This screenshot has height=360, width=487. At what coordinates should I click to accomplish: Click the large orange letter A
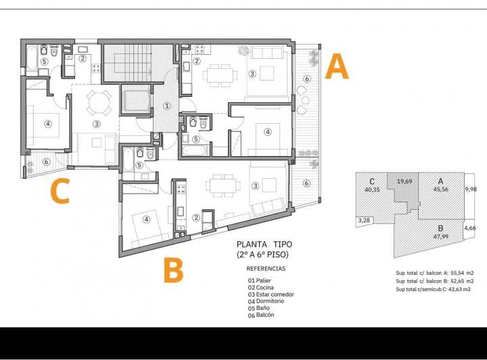point(337,68)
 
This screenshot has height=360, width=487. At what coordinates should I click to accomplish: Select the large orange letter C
point(61,192)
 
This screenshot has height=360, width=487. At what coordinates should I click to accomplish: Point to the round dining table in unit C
point(100,102)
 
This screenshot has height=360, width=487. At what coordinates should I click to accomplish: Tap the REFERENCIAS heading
point(266,269)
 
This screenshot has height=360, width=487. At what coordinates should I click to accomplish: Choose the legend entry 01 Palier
point(262,280)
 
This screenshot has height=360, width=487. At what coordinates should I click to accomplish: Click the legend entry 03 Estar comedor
point(271,294)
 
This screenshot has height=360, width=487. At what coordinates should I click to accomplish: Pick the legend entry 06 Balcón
point(261,315)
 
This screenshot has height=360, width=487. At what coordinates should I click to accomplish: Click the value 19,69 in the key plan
point(404,182)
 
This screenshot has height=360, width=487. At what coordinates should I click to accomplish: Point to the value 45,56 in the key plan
point(441,189)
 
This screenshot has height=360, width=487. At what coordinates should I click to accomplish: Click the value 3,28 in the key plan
point(364,220)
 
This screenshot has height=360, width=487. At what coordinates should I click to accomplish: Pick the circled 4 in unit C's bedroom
point(47,123)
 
